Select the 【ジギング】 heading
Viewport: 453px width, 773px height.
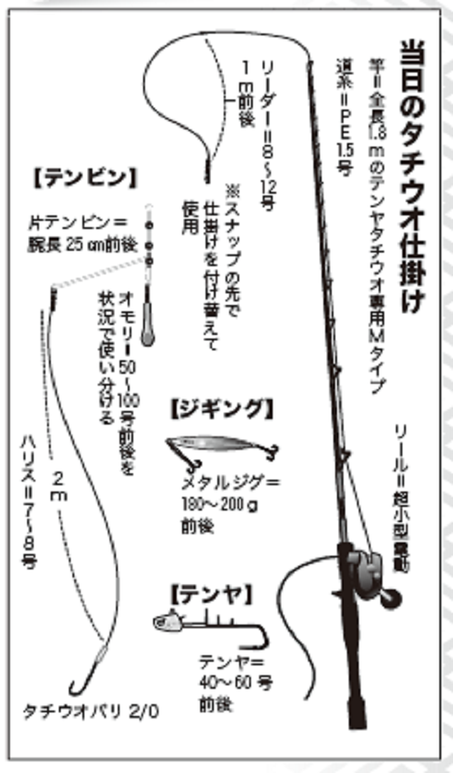[x=220, y=409]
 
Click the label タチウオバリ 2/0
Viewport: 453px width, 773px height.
[x=91, y=711]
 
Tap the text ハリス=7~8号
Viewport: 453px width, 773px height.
[x=28, y=497]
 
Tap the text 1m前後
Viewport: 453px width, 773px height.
[x=245, y=101]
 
